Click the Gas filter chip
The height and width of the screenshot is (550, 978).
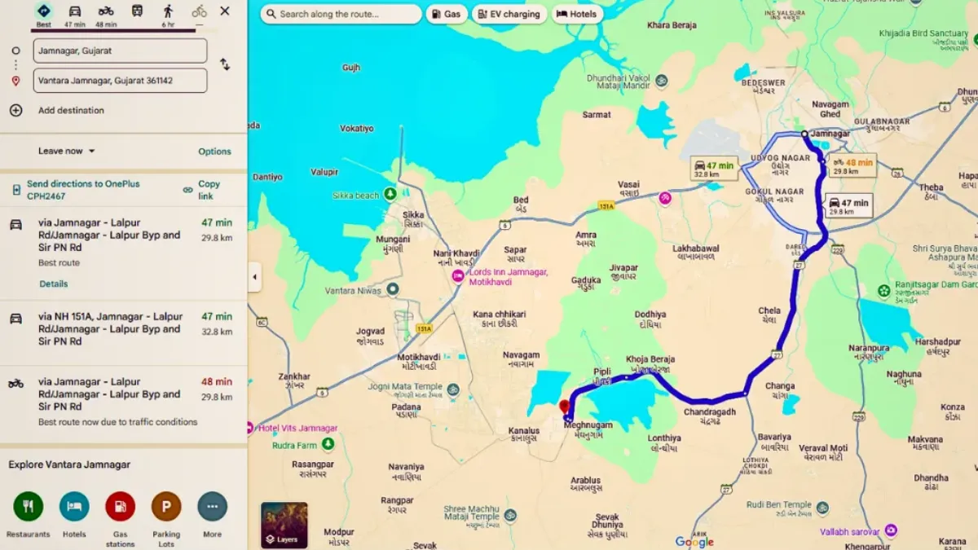[x=446, y=14]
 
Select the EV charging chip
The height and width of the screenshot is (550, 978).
[x=509, y=14]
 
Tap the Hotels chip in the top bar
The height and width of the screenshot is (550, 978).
[x=576, y=14]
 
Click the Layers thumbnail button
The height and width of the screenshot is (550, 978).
[x=284, y=525]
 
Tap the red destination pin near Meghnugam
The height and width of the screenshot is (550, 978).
[x=563, y=406]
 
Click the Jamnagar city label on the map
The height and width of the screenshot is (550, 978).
[x=831, y=134]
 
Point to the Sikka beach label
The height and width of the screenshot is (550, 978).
[x=356, y=196]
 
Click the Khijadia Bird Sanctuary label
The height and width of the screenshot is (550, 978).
[x=923, y=33]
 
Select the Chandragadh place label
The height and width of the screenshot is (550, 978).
[x=709, y=412]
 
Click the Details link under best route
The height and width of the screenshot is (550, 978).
[x=54, y=284]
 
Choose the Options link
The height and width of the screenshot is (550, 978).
[x=214, y=152]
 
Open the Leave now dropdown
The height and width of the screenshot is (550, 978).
[x=67, y=151]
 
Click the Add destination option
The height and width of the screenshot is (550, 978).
[x=71, y=110]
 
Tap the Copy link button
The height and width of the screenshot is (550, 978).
[x=209, y=190]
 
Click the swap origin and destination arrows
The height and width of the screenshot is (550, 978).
[x=224, y=64]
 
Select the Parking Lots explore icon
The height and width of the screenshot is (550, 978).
[x=166, y=507]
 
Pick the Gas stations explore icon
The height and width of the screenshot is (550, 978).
[x=120, y=507]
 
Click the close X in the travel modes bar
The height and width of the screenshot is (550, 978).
[x=225, y=11]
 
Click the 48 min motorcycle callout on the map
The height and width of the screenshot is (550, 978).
[x=852, y=166]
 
